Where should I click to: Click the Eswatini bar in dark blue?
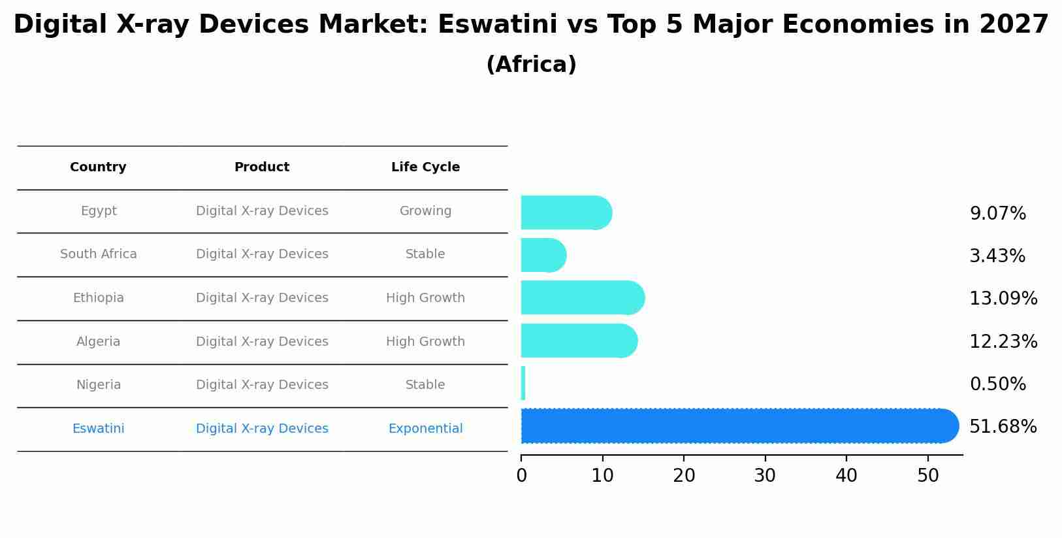point(738,426)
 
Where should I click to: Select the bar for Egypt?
point(566,212)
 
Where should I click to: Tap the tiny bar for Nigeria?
point(523,383)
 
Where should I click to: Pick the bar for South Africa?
point(543,255)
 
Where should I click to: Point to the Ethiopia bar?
point(582,297)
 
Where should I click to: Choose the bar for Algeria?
point(579,341)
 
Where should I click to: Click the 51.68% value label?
point(1003,427)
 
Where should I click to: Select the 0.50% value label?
point(997,384)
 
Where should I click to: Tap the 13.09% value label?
point(1003,299)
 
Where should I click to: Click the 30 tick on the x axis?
point(765,476)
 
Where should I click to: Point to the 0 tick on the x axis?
point(521,476)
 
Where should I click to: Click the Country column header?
point(98,167)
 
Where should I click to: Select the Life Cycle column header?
point(425,167)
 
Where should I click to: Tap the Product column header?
point(262,167)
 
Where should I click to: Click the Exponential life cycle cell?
point(425,429)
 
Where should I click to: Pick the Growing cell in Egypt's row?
point(425,211)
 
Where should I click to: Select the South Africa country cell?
point(98,254)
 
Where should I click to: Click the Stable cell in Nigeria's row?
point(425,385)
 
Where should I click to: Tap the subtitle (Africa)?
point(531,65)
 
